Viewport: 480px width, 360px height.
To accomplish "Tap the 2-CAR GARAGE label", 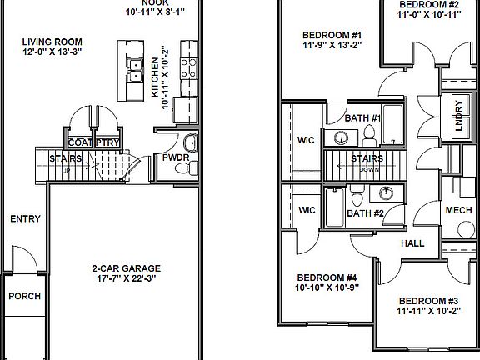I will click(126, 268).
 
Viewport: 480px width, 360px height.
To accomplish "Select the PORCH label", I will click(23, 296).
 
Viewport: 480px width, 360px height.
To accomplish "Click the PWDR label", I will click(175, 157).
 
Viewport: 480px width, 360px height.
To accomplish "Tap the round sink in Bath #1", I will click(342, 137).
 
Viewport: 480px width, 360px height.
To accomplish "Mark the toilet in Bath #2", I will click(357, 199).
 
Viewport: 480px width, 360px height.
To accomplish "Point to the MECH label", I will click(458, 210).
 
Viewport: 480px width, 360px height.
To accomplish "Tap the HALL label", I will click(412, 243).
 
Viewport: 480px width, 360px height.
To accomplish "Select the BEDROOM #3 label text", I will click(427, 301).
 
